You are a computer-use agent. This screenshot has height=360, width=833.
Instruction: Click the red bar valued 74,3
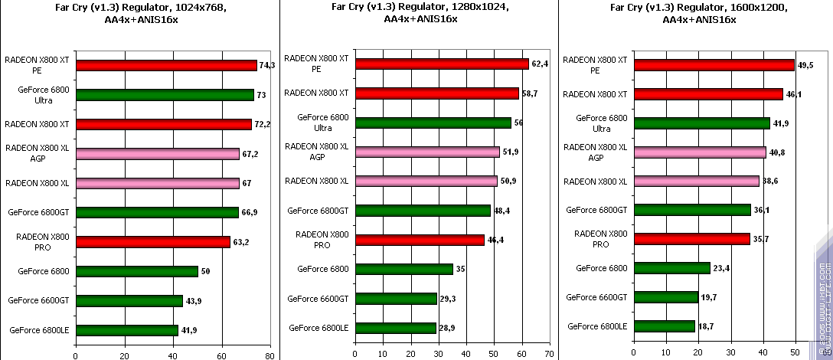click(166, 65)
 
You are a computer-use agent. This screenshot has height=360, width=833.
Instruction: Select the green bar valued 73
click(165, 95)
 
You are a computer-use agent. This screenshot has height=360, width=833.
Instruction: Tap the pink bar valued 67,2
click(158, 153)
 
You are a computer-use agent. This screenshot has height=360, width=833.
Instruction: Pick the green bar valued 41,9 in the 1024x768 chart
click(127, 330)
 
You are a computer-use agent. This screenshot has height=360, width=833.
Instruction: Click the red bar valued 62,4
click(442, 64)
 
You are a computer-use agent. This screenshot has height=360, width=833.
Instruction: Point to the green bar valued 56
click(433, 123)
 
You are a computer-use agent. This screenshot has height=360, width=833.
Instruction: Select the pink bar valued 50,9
click(426, 181)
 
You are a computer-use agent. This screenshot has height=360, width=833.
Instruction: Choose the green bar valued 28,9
click(396, 328)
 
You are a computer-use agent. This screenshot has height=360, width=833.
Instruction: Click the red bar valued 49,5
click(714, 65)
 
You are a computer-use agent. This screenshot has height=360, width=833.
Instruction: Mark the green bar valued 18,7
click(665, 326)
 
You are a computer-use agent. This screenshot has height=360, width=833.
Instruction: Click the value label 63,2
click(241, 242)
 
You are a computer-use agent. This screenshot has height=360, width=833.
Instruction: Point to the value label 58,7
click(531, 93)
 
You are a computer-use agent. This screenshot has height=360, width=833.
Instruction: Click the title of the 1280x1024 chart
click(420, 13)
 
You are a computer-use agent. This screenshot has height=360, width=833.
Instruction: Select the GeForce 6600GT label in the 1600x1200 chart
click(596, 297)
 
